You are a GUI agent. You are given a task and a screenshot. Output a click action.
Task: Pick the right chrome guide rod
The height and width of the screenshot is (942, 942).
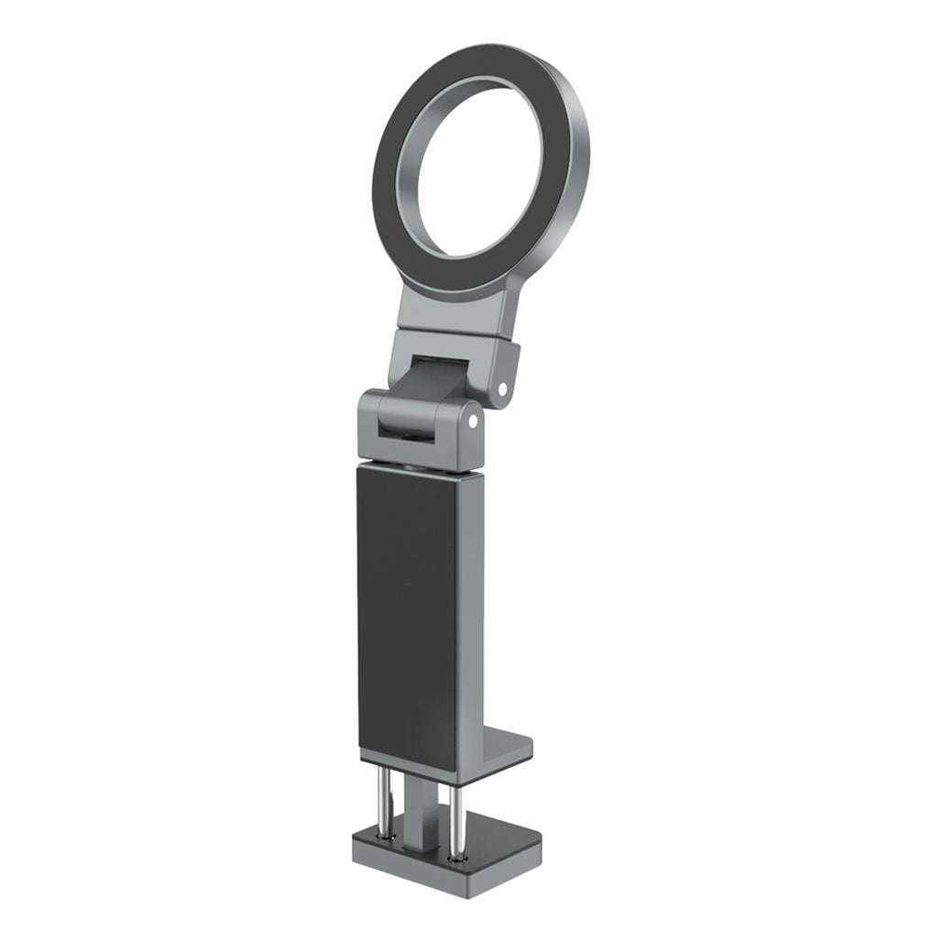(x=455, y=820)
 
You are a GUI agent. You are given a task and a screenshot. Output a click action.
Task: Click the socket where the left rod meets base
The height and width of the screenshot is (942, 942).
(x=386, y=835)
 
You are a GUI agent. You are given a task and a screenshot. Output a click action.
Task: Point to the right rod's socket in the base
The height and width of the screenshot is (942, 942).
(x=456, y=857)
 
